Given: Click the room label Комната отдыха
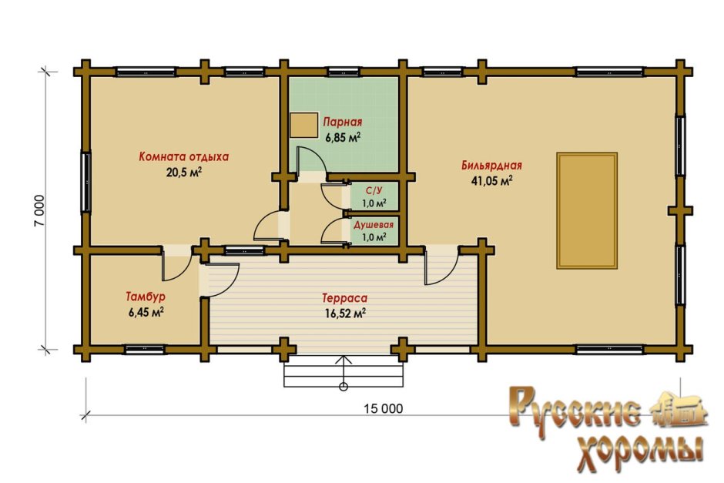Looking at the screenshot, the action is click(x=184, y=156).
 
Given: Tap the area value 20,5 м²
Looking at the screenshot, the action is click(x=184, y=173).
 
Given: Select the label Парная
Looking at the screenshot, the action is click(x=342, y=122).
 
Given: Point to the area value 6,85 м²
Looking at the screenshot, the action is click(x=342, y=137).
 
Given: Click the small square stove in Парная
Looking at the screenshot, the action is click(x=303, y=125).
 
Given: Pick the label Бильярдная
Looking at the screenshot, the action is click(x=491, y=166).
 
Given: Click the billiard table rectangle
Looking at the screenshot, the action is click(x=587, y=210).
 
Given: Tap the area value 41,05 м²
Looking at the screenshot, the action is click(x=491, y=180).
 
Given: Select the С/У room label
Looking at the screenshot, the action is click(x=374, y=190).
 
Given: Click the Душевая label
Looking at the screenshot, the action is click(x=374, y=225).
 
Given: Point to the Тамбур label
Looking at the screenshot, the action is click(x=146, y=297).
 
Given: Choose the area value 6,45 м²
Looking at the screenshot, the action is click(x=146, y=312).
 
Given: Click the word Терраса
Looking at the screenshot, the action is click(x=344, y=298).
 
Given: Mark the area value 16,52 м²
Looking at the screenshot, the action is click(x=345, y=314).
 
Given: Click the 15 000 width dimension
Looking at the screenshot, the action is click(x=384, y=408).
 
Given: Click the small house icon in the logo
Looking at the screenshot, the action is click(x=679, y=409).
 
